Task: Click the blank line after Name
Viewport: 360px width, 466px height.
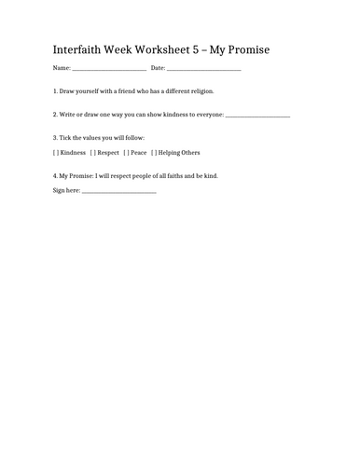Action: point(108,70)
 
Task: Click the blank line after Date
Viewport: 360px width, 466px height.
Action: point(204,70)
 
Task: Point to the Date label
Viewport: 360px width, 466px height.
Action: point(158,68)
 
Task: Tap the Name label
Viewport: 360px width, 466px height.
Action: point(62,68)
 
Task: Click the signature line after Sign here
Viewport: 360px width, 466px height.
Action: point(119,192)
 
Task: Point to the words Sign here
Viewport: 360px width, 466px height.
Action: point(67,190)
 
